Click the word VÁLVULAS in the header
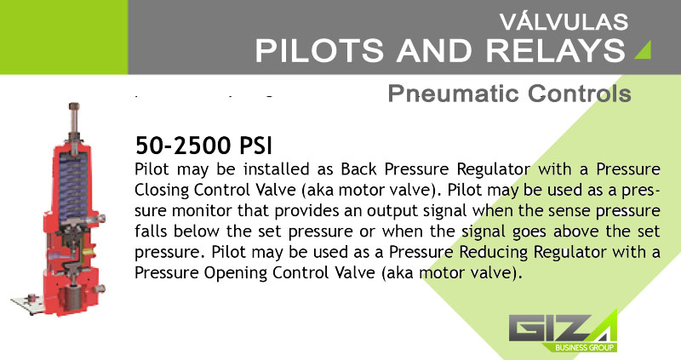click(x=564, y=22)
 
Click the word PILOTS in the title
click(x=319, y=50)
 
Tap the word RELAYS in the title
click(x=556, y=50)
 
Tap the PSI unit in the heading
click(x=256, y=146)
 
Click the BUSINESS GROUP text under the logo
click(x=584, y=347)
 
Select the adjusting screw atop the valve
click(x=74, y=120)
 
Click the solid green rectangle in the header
click(x=64, y=37)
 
